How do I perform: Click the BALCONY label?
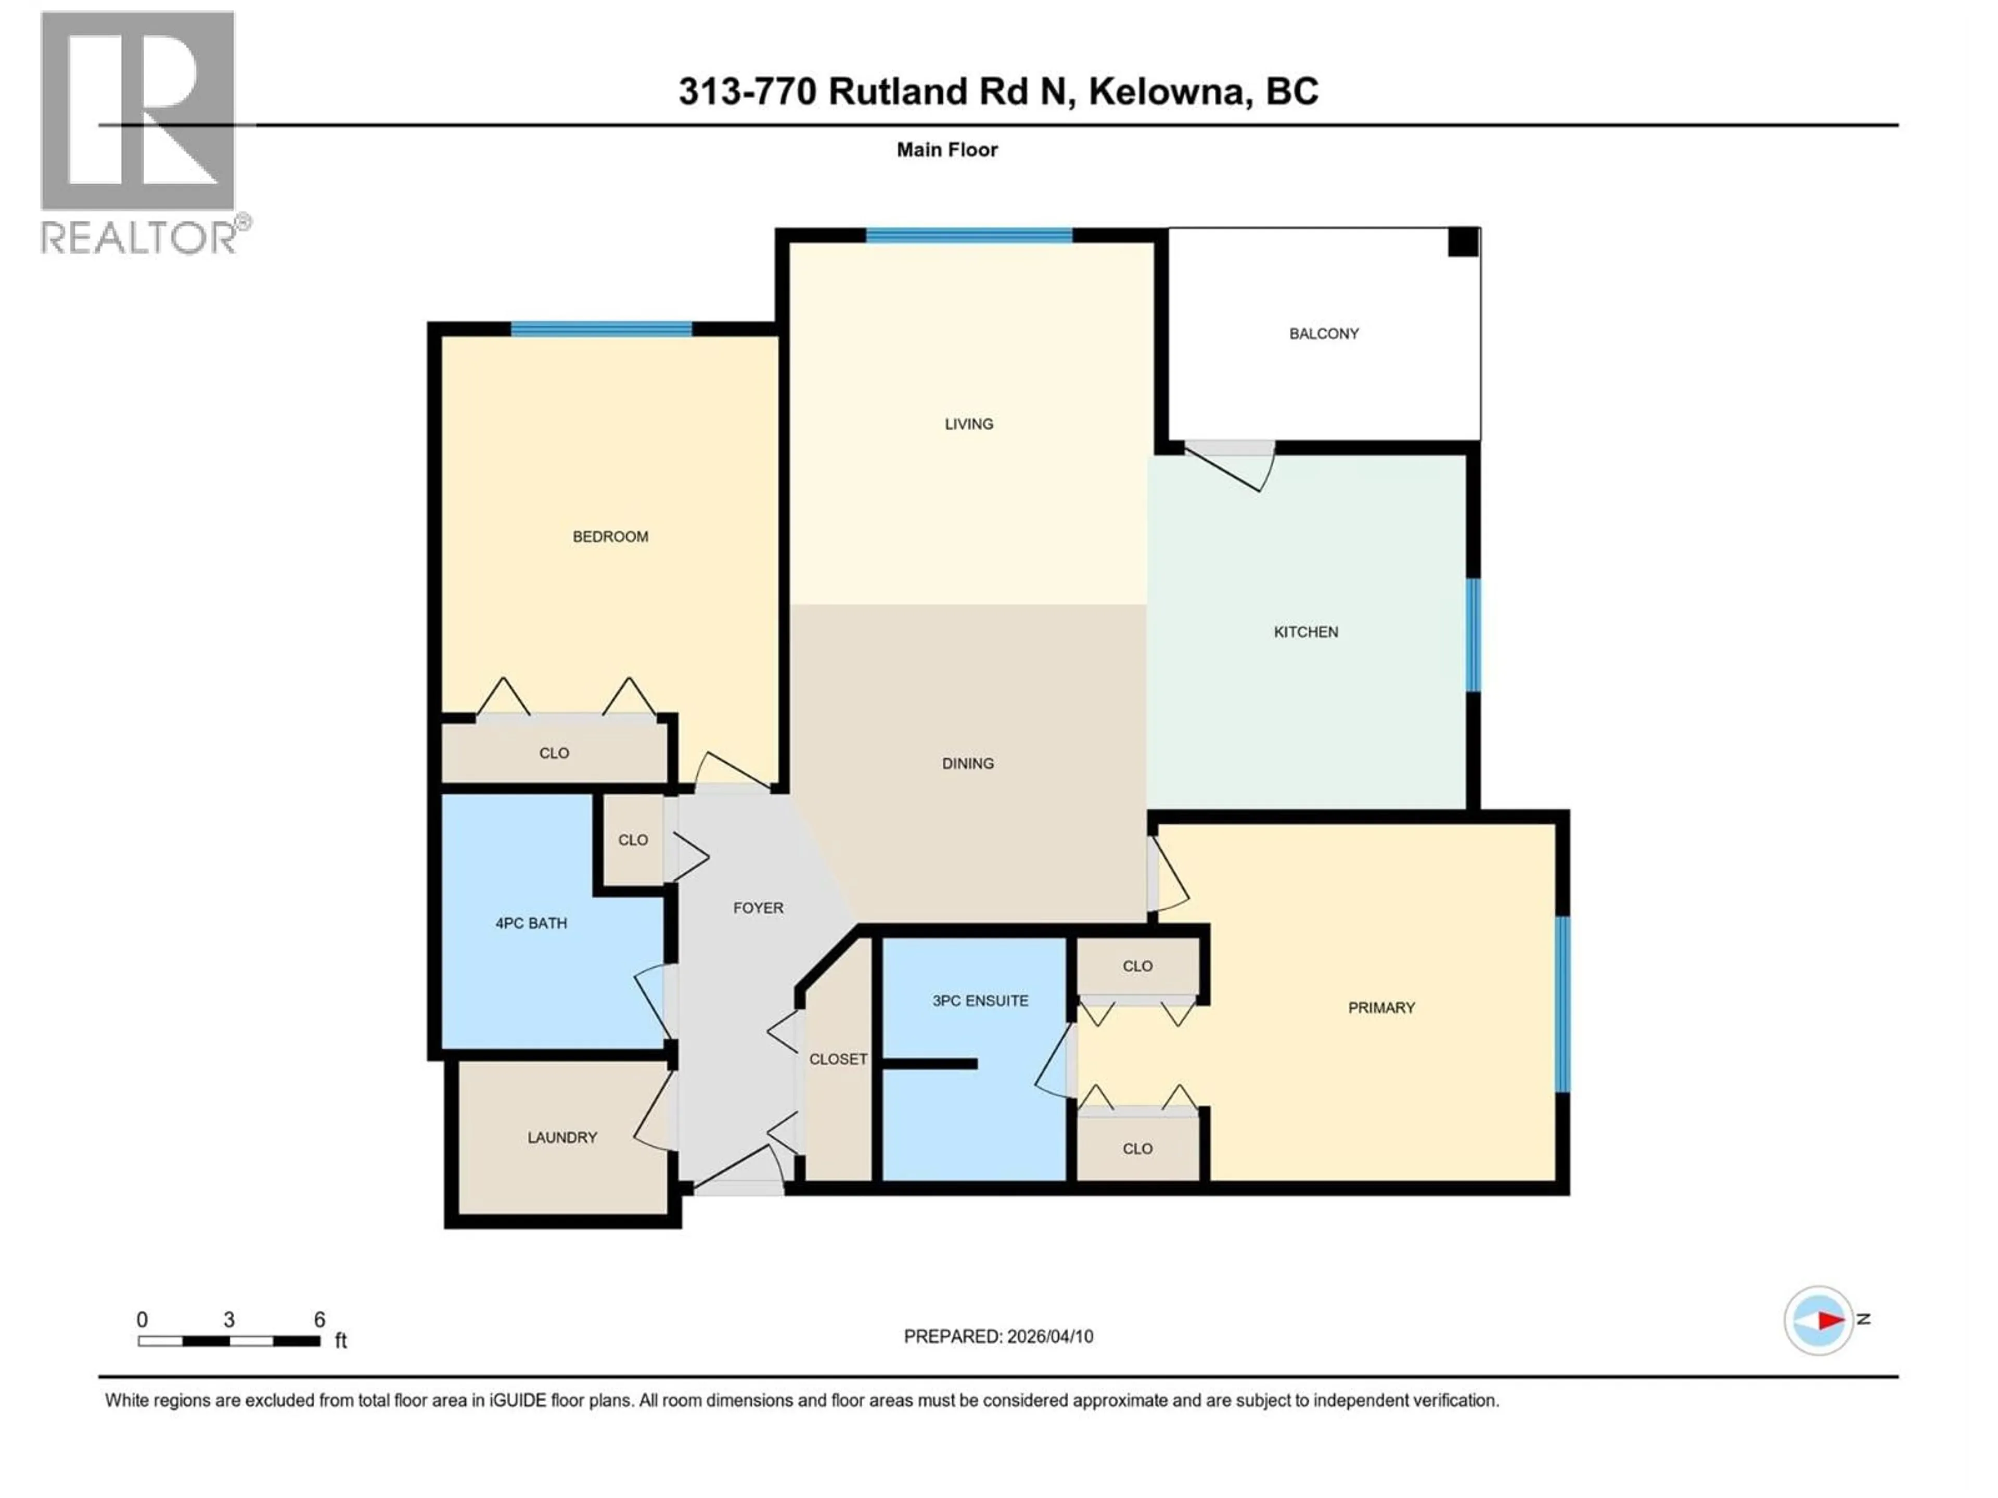pos(1323,333)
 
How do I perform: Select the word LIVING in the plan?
pos(968,423)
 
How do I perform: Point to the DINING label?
pos(967,763)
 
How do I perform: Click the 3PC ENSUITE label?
pos(980,1000)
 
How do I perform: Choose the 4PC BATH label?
pos(531,923)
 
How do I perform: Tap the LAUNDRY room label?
pos(562,1137)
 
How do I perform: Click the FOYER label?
pos(758,908)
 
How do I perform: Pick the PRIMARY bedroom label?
pos(1381,1007)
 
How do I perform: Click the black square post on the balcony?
pos(1463,242)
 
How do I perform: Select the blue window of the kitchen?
pos(1472,635)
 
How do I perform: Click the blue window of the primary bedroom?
pos(1562,1004)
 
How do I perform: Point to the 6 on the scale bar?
pos(319,1319)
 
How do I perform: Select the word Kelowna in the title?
pos(1170,91)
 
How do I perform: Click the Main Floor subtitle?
pos(946,150)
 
